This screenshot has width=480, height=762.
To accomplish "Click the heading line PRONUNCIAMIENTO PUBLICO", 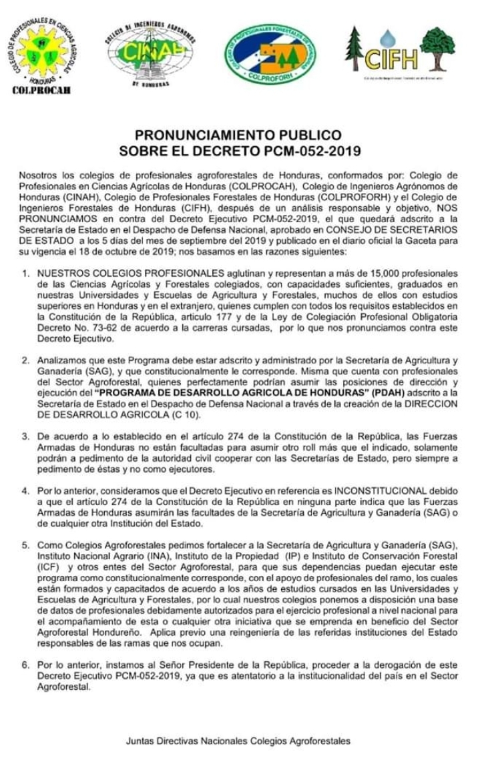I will click(x=238, y=134).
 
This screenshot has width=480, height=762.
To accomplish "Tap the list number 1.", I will click(x=25, y=274).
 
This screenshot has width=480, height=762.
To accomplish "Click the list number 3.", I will click(x=25, y=436).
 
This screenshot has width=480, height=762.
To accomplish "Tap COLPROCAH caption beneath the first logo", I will click(x=41, y=91).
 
